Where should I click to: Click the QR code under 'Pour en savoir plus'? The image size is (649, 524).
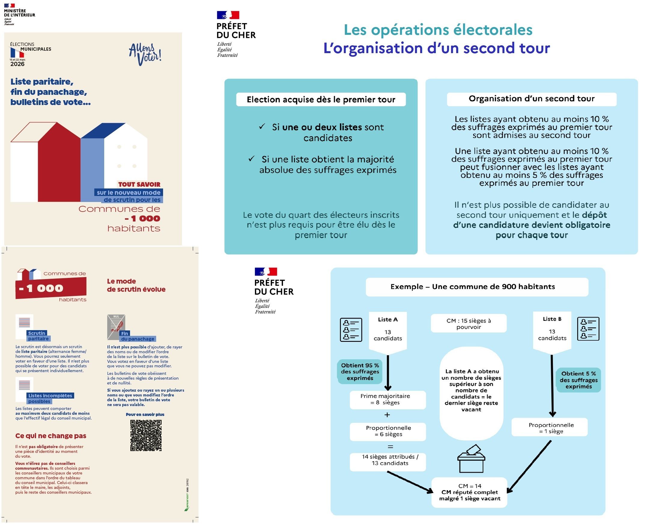[146, 435]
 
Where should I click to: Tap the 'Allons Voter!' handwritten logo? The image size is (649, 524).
[145, 54]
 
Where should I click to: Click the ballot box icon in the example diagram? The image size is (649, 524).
[471, 459]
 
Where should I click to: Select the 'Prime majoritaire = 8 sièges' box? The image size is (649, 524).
[387, 400]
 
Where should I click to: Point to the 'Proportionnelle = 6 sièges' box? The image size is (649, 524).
[387, 431]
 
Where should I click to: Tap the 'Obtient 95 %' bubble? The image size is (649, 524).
[360, 372]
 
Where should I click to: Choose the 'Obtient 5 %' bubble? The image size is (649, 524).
[578, 380]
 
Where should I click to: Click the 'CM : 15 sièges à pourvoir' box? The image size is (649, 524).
[469, 324]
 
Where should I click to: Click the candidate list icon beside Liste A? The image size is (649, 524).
[351, 330]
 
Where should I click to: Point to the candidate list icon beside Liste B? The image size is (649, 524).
[588, 329]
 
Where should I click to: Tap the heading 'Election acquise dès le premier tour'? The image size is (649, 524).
[321, 100]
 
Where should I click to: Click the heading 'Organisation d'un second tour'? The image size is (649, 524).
[531, 99]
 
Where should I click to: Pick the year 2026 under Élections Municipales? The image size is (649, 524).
[17, 64]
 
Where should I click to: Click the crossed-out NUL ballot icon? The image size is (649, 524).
[116, 327]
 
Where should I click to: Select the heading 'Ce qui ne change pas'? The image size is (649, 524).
[51, 435]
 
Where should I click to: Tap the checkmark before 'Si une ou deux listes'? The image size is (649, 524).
[262, 126]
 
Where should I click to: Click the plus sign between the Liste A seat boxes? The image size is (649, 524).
[387, 415]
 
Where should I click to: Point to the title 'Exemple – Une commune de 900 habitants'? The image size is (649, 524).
[472, 286]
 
